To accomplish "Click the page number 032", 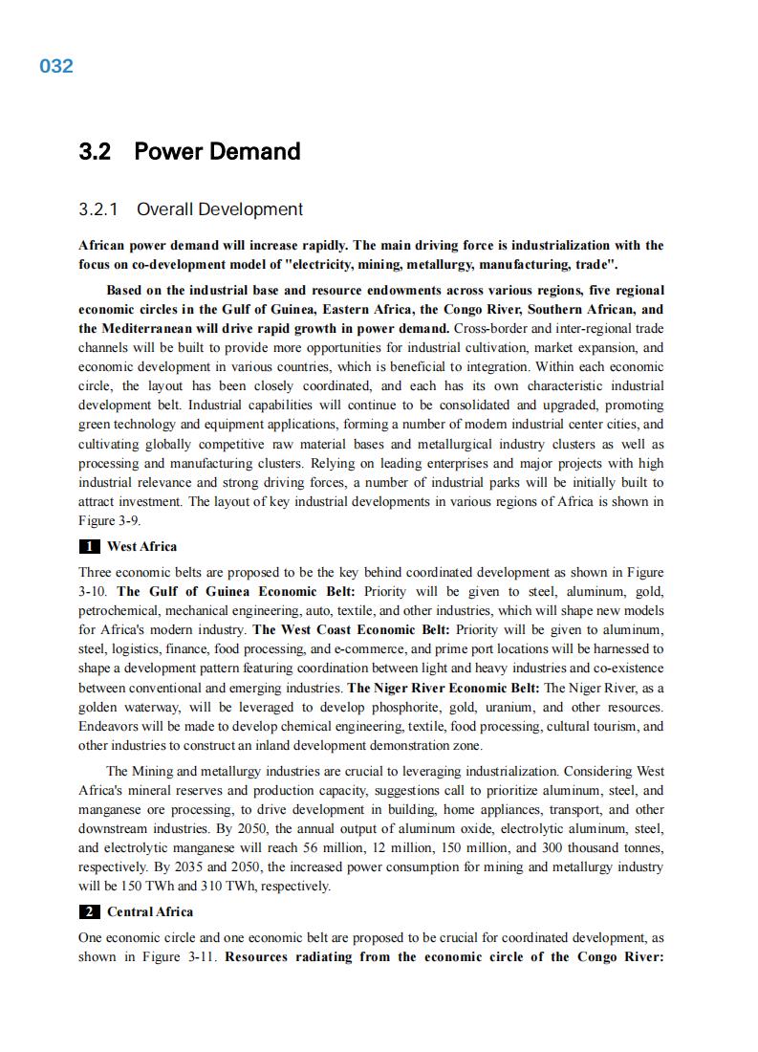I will [x=56, y=66].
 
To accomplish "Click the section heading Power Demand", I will [x=217, y=151].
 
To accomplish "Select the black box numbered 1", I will [x=88, y=547].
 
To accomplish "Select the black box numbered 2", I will [x=88, y=911].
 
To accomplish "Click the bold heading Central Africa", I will [x=150, y=911].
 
